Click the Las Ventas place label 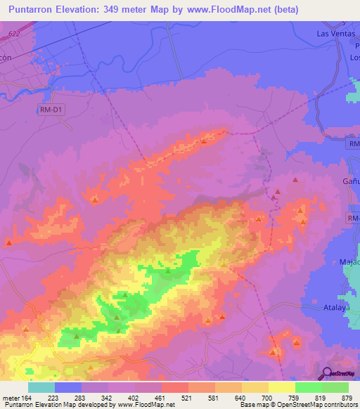coord(335,33)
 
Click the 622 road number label coord(15,33)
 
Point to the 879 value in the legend coord(347,397)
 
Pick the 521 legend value coord(186,397)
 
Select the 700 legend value coord(266,397)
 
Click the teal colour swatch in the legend coord(41,387)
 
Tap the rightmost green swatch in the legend coord(335,387)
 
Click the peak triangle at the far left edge coord(9,243)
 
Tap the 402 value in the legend coord(133,397)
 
